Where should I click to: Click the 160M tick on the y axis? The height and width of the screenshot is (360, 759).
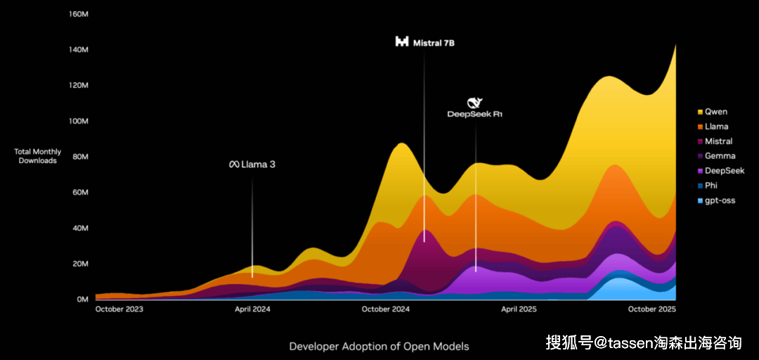click(x=78, y=14)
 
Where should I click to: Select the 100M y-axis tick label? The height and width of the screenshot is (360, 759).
click(x=78, y=121)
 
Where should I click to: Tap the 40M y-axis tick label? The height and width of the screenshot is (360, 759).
click(x=79, y=228)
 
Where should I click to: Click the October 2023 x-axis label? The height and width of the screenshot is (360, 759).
click(x=119, y=309)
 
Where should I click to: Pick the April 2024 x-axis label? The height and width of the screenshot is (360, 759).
click(x=252, y=309)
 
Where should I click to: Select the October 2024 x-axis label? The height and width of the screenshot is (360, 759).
click(x=386, y=309)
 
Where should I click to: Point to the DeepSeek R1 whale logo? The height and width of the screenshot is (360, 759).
click(x=475, y=103)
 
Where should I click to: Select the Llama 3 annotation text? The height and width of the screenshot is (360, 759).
click(x=252, y=165)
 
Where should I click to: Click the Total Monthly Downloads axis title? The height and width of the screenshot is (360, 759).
click(x=37, y=156)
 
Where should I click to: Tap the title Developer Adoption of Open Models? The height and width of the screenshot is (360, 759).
click(x=379, y=346)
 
